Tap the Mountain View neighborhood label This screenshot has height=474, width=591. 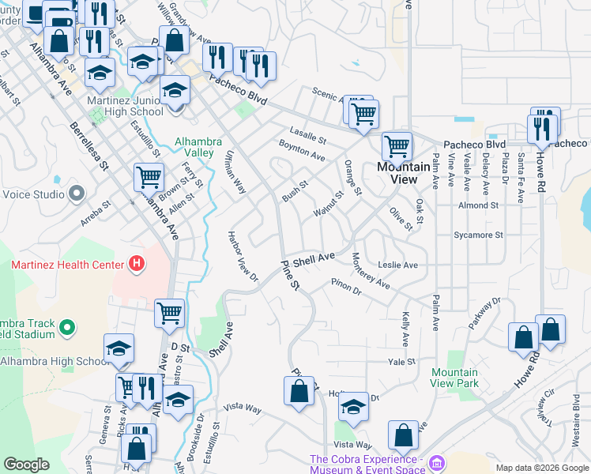pos(403,173)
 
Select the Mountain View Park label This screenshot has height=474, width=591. pos(455,378)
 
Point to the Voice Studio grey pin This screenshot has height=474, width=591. pos(76,193)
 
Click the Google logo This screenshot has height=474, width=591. pos(26,465)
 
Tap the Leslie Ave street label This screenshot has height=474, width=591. pos(397,265)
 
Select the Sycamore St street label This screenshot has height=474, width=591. pos(478,235)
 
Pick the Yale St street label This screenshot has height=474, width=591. pos(401,362)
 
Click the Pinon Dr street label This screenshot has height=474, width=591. pos(345,287)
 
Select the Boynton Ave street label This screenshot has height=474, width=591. pos(302,151)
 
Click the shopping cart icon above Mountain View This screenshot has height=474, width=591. pos(397,146)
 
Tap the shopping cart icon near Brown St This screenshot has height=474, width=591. pos(149,177)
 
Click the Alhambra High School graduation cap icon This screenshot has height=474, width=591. pos(119,348)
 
